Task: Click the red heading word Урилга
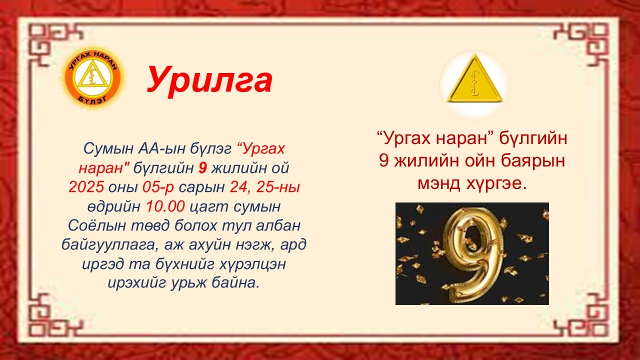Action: (x=209, y=80)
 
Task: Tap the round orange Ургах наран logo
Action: (x=93, y=77)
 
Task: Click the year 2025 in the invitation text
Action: (x=86, y=187)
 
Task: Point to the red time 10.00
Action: (x=165, y=206)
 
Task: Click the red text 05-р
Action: (x=158, y=187)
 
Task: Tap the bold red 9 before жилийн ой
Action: (x=202, y=168)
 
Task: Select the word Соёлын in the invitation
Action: (x=97, y=225)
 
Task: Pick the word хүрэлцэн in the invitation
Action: (x=252, y=264)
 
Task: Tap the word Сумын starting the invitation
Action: (x=108, y=149)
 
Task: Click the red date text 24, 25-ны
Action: (x=265, y=187)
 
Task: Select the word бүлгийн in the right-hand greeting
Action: (x=533, y=138)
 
